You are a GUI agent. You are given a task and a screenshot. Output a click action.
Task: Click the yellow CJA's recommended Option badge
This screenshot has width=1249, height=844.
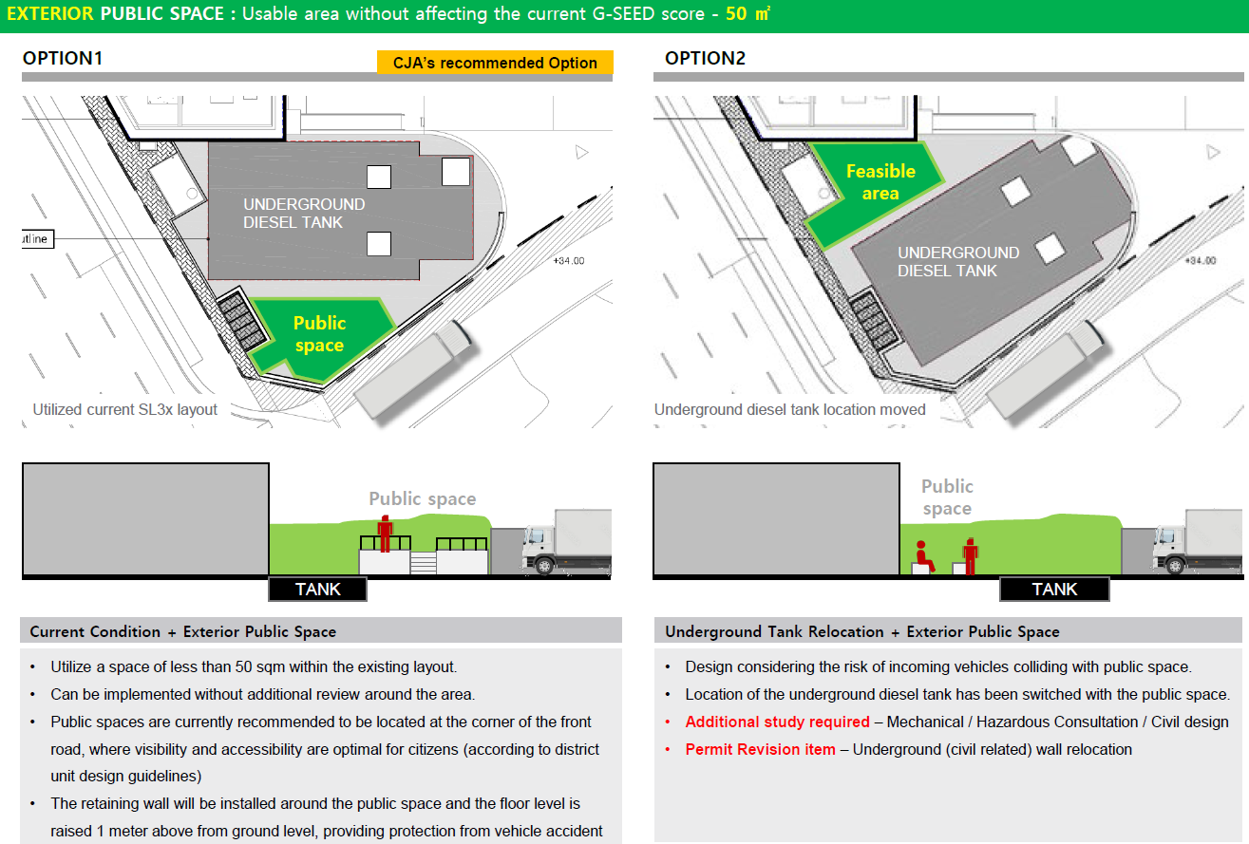[x=495, y=63]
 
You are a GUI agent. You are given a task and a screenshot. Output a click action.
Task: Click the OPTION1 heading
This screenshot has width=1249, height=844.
[x=63, y=58]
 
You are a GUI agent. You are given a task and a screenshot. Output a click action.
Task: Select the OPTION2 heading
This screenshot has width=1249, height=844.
[x=705, y=58]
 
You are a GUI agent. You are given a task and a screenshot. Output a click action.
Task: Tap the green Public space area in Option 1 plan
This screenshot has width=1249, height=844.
[x=320, y=338]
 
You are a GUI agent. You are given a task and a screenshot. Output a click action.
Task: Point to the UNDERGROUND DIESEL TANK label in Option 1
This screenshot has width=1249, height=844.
[x=304, y=213]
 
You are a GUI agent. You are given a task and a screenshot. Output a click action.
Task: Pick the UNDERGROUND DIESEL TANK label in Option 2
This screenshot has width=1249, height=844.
[x=958, y=261]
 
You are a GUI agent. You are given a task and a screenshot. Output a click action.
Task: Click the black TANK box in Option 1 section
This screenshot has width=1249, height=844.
[x=318, y=590]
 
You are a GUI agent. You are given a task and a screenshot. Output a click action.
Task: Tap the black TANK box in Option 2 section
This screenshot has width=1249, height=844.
[x=1054, y=590]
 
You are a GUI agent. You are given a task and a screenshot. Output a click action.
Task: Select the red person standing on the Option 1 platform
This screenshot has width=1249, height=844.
[x=385, y=534]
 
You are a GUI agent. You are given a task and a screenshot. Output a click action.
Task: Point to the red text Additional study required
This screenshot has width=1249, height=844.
[x=777, y=722]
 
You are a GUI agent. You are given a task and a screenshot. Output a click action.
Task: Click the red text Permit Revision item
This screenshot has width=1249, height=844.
[x=760, y=749]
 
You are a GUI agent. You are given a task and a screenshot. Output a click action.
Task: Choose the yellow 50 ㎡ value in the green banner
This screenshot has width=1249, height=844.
[x=748, y=13]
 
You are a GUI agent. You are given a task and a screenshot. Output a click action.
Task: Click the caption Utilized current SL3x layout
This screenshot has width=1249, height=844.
[x=125, y=410]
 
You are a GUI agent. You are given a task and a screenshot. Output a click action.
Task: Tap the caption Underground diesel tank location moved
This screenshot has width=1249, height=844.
[x=789, y=410]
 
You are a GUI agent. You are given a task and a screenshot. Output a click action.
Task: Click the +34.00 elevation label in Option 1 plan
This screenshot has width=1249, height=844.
[x=569, y=261]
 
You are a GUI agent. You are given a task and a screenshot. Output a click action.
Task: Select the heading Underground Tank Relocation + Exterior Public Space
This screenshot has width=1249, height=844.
[x=862, y=631]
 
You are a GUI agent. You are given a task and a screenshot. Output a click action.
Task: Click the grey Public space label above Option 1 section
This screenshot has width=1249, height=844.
[x=423, y=499]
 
